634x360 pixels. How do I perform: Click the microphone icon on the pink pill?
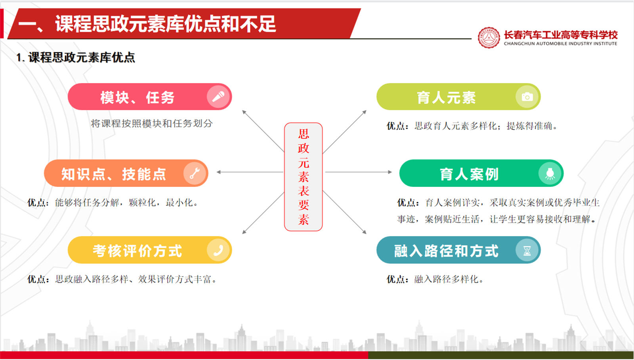(218, 97)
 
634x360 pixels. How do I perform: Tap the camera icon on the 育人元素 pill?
(527, 97)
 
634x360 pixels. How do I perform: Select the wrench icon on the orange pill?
(195, 173)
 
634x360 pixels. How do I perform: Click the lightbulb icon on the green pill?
(550, 173)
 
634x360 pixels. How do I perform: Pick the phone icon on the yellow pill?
(218, 250)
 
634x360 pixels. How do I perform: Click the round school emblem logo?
(489, 38)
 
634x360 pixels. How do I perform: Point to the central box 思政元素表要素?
(303, 177)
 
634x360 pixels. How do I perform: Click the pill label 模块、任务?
(137, 97)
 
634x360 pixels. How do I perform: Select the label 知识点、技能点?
(113, 174)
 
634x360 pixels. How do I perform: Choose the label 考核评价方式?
(137, 251)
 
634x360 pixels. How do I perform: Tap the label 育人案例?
(469, 174)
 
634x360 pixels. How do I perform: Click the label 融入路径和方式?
(446, 251)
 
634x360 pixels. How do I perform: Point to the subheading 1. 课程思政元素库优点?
(76, 57)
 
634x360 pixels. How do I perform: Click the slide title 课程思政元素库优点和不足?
(166, 24)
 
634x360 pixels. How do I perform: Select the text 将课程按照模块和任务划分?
(152, 123)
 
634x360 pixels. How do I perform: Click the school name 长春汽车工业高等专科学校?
(560, 35)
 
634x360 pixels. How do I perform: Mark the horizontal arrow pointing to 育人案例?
(359, 172)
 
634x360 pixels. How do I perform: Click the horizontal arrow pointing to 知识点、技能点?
(250, 172)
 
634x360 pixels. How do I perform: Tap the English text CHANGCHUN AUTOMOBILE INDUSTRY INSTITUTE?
(560, 44)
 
